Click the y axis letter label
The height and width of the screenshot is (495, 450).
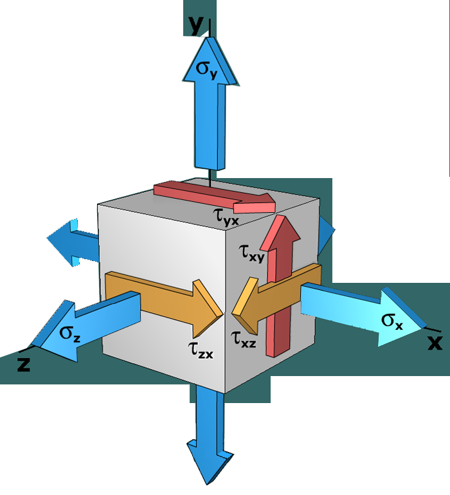pos(195,24)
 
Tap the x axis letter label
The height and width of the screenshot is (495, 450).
pos(435,343)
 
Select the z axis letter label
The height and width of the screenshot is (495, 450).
pos(24,364)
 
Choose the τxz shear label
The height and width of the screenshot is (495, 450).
pos(244,337)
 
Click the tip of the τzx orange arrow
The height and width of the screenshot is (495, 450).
pos(219,314)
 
